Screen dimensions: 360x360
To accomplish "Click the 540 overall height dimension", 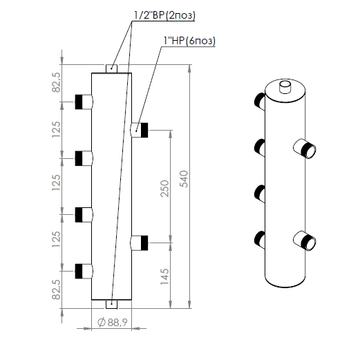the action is pos(184,179).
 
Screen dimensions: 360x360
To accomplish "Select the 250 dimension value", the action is pos(164,189).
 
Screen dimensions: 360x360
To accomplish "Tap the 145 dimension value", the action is pos(164,276).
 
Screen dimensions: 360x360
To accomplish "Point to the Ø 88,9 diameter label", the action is pos(112,322).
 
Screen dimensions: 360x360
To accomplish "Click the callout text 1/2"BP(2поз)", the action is pos(164,15).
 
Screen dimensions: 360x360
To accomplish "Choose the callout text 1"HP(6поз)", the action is pos(189,41).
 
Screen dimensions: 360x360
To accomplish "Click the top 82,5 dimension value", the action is pos(57,82).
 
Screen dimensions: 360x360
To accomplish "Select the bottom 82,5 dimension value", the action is pos(57,290).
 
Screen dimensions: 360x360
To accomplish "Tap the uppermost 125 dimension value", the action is pos(57,129).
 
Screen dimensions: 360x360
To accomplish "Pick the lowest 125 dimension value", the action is pos(57,240).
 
